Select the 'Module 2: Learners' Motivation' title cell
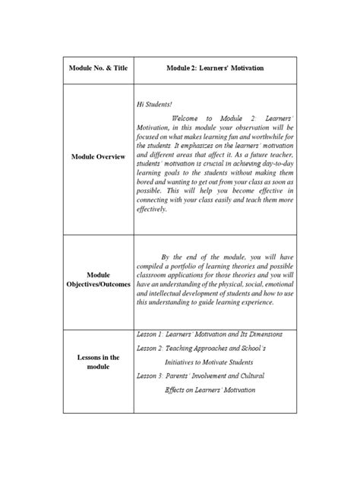pyautogui.click(x=215, y=68)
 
